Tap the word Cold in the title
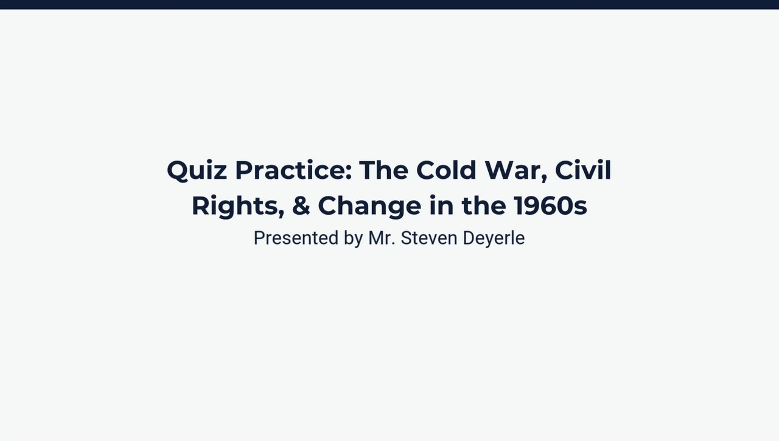point(446,170)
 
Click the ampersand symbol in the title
point(301,206)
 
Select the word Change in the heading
point(369,207)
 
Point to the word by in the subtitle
point(353,238)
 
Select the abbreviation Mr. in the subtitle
point(382,238)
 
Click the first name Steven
point(429,238)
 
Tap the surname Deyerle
point(494,238)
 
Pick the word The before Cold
point(383,170)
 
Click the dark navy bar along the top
point(389,4)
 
